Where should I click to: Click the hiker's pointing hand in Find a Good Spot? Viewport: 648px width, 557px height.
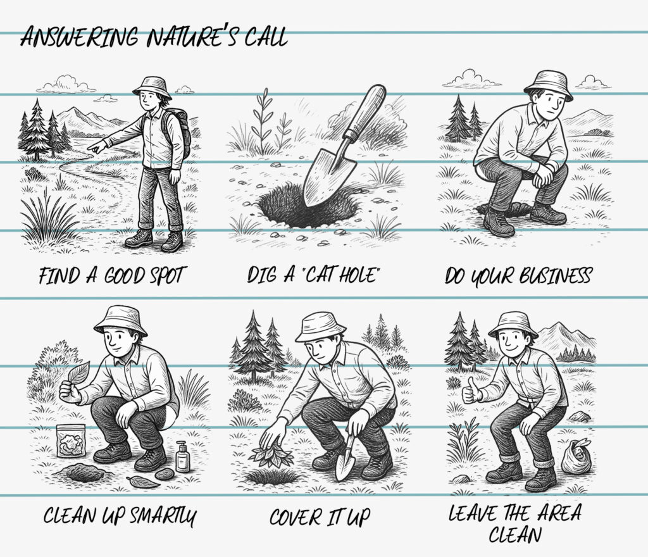point(96,147)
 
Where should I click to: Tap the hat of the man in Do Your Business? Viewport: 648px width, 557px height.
point(548,84)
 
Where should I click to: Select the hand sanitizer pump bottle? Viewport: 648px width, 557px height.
point(182,458)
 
